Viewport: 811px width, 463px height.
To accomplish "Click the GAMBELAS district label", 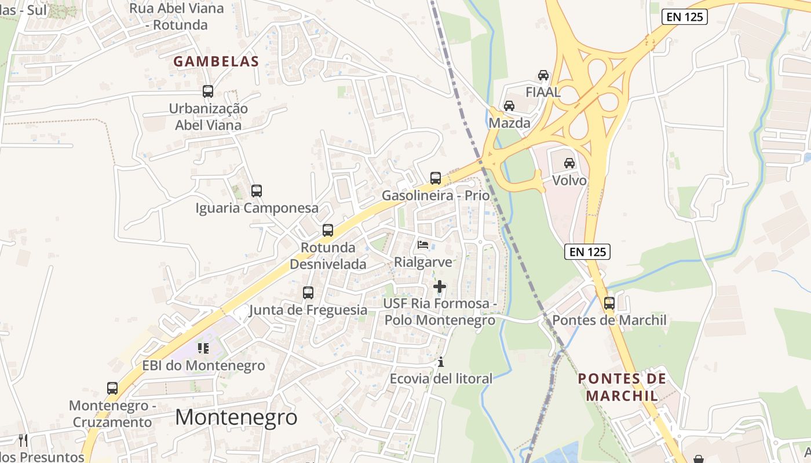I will coord(216,61).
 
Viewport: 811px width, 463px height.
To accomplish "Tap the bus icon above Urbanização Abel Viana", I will coord(208,91).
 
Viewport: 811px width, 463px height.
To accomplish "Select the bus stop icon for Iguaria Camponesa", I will coord(257,190).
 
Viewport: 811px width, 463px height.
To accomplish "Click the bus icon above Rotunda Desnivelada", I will coord(328,230).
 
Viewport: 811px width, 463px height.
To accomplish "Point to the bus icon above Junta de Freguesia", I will coord(308,293).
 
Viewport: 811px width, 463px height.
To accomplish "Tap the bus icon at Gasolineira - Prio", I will coord(436,178).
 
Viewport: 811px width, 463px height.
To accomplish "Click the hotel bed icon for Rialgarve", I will coord(423,245).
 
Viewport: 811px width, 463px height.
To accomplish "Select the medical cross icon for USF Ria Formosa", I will coord(440,286).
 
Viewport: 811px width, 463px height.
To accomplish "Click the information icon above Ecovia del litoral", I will coord(441,362).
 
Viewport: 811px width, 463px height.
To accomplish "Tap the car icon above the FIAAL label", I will coord(543,75).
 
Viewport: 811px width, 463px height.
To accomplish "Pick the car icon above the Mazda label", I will coord(509,106).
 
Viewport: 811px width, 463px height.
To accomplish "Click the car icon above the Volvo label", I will coord(569,163).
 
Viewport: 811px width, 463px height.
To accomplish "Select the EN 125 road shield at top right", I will coord(685,17).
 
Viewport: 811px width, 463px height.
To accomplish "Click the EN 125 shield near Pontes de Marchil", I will coord(587,251).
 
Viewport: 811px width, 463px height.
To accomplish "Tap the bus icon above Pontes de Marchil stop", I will coord(609,303).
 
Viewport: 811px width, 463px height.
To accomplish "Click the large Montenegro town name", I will coord(236,417).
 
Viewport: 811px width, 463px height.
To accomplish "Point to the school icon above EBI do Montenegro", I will coord(203,348).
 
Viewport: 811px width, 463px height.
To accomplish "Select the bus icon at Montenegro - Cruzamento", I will coord(112,388).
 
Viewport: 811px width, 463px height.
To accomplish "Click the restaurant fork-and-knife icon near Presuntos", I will coord(23,440).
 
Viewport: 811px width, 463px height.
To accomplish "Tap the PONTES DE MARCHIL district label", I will coord(622,387).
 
